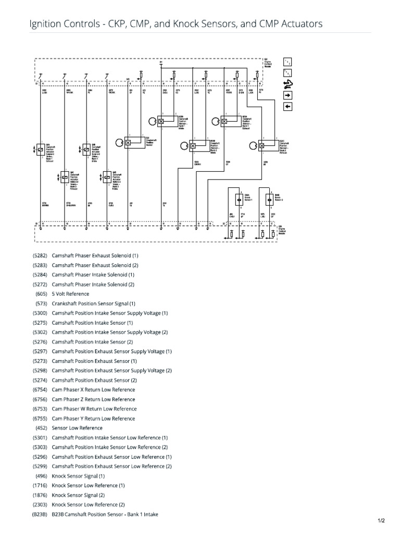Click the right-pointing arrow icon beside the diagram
287,95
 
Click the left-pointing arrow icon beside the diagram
287,107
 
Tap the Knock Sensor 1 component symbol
240,198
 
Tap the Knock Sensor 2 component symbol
269,198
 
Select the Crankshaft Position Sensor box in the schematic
128,143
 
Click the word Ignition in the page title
45,23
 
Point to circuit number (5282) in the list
40,256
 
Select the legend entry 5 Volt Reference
70,294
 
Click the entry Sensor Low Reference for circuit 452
77,428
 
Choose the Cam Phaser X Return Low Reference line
93,390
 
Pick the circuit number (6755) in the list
40,418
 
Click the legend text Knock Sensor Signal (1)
78,476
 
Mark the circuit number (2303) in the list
40,504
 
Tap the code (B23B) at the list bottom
40,514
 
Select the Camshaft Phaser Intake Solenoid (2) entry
93,284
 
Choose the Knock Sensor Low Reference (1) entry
88,485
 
